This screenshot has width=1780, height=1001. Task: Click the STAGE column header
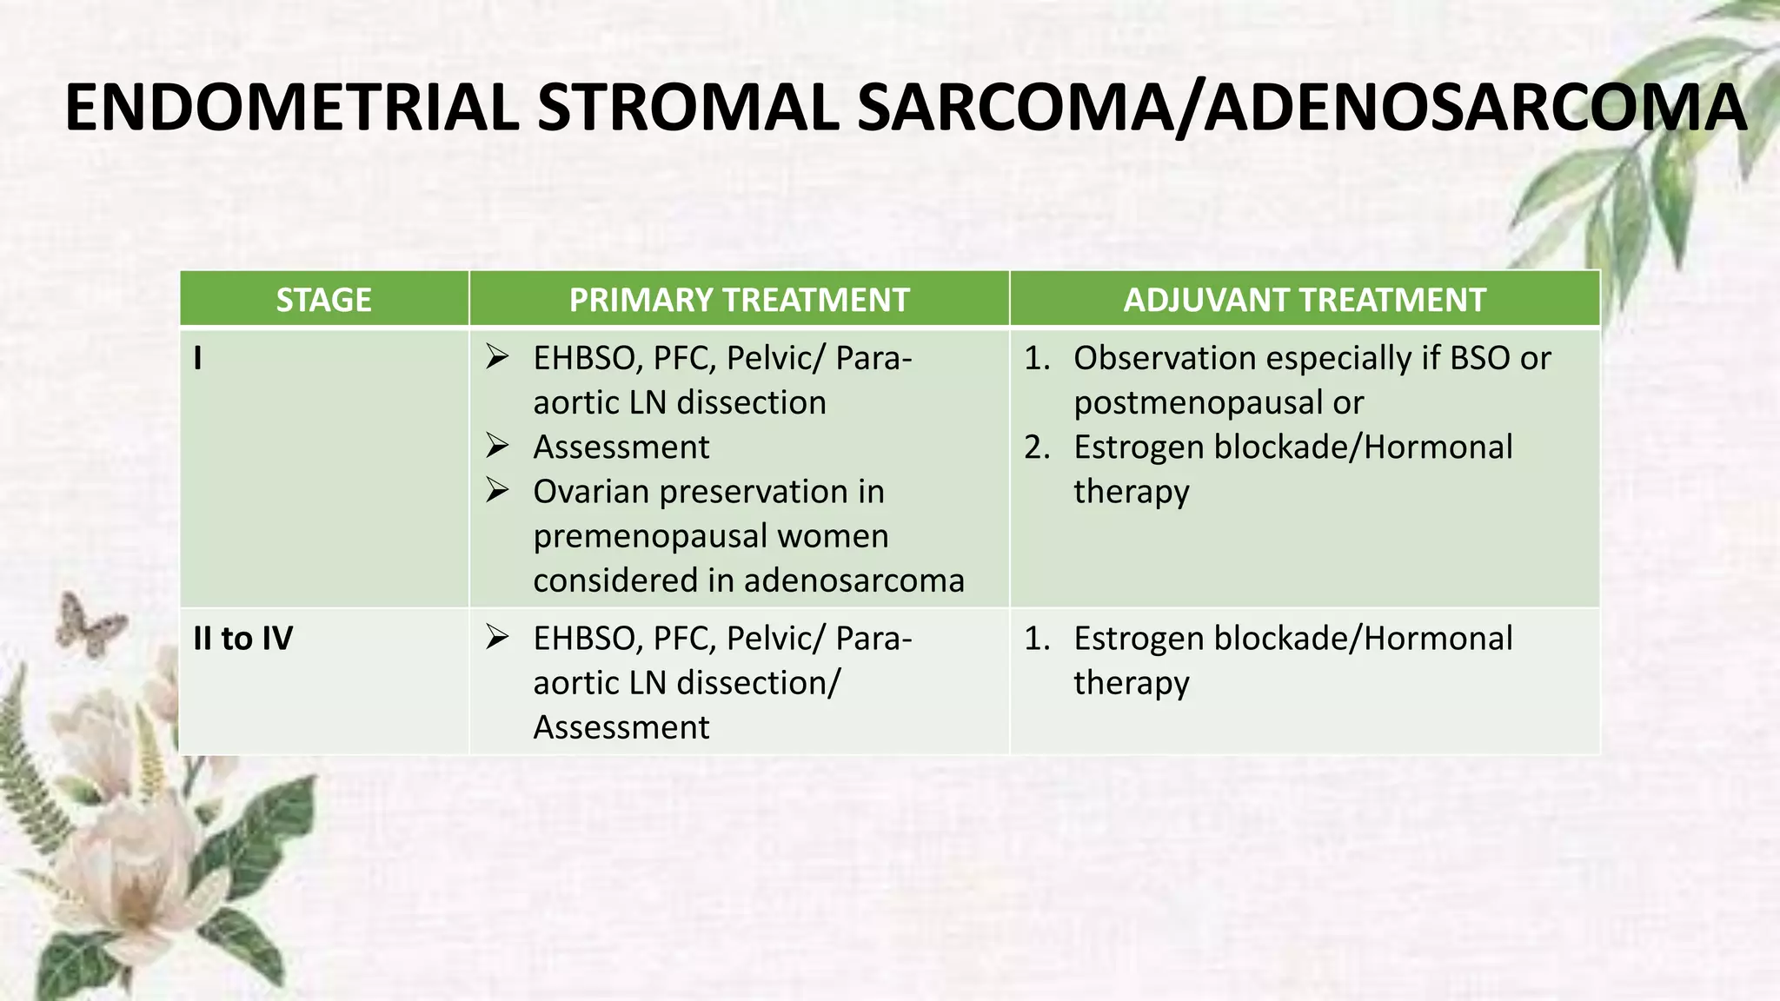(323, 300)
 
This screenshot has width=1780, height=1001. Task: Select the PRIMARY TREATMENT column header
(739, 300)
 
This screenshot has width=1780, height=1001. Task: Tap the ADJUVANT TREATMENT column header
(1304, 300)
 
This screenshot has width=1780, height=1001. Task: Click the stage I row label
(198, 358)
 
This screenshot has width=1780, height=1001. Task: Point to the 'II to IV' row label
(242, 639)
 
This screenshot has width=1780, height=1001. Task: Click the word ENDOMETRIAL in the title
(291, 109)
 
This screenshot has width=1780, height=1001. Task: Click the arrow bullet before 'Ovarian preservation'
(497, 490)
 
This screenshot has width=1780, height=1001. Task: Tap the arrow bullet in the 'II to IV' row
(497, 637)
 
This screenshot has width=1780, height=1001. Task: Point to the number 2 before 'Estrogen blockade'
(1036, 447)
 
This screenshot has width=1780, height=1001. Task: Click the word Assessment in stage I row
(621, 447)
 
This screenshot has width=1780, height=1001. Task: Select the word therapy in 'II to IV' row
(1131, 683)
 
